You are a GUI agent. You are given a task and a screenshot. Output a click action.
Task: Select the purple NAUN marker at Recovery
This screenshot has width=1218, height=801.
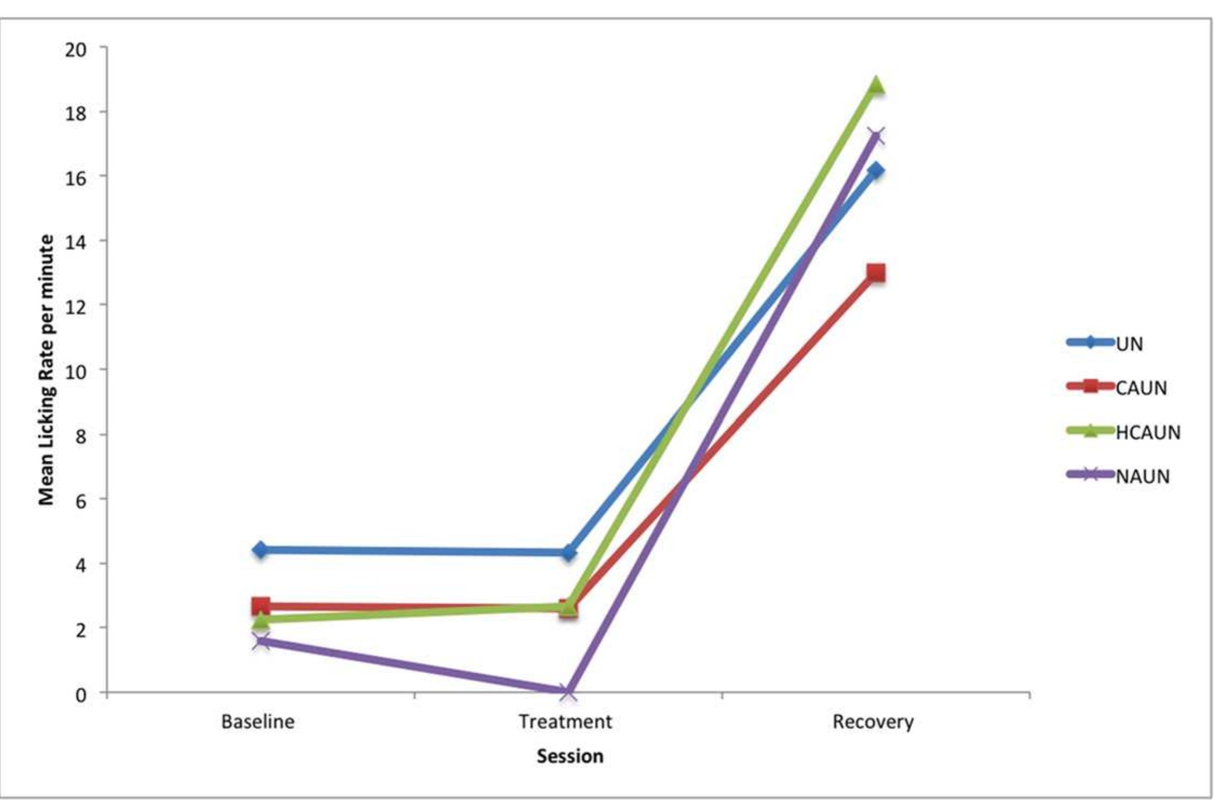pos(876,137)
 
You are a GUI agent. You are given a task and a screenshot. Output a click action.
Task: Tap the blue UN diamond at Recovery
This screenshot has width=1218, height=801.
pos(876,171)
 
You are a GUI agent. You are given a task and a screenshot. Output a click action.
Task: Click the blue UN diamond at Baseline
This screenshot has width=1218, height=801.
pos(261,550)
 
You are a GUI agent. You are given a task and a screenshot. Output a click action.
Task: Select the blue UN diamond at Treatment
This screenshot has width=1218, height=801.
pos(568,552)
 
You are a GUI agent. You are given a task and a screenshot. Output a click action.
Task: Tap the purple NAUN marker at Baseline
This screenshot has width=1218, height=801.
pos(261,642)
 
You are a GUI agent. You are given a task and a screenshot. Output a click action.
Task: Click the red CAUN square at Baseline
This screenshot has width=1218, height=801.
pos(261,606)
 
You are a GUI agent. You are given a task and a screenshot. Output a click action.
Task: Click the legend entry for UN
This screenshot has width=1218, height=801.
pos(1129,344)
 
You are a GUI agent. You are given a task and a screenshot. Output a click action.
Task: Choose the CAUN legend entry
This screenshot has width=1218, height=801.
pos(1141,388)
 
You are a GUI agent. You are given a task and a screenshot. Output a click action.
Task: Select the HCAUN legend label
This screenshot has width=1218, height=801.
pos(1148,432)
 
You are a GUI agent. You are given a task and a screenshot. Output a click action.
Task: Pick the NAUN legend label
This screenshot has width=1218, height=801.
pos(1142,477)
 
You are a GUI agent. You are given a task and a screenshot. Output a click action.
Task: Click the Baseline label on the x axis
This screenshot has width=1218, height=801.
pos(258,722)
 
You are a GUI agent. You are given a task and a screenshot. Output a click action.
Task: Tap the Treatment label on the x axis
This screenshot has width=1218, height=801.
pos(566,722)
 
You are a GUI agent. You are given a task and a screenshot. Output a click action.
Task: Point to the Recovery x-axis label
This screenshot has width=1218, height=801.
pos(873,722)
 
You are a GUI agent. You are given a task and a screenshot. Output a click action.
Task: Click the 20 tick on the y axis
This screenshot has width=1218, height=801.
pos(76,50)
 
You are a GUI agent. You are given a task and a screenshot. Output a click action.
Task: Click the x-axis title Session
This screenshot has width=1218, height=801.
pos(570,756)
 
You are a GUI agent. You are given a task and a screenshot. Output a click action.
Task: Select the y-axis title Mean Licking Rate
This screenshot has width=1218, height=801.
pos(47,370)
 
